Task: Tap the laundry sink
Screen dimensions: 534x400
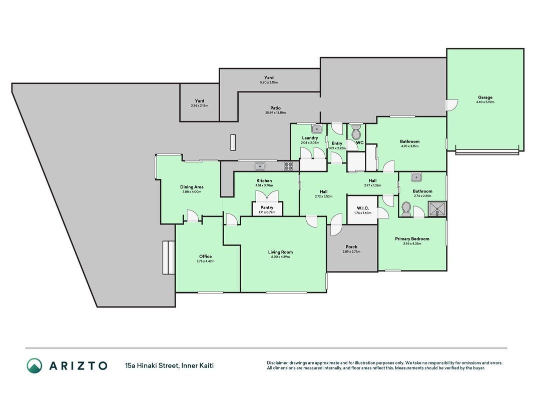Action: (x=317, y=129)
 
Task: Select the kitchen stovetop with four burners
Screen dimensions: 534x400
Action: (x=288, y=166)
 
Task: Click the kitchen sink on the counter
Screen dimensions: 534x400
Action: (x=260, y=166)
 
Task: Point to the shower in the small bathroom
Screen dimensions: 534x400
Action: (x=437, y=208)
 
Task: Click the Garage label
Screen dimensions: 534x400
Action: (x=485, y=97)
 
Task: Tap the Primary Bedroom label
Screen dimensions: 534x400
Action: (x=412, y=239)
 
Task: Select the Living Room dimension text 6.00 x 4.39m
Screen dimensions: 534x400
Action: (x=280, y=257)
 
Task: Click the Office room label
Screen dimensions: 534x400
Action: (x=205, y=256)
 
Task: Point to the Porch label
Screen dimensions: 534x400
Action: (x=351, y=247)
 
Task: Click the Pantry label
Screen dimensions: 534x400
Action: (x=267, y=207)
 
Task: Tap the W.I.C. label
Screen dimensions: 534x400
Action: (x=363, y=208)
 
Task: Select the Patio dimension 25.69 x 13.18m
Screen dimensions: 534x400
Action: (x=276, y=113)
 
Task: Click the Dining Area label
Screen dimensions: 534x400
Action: (x=192, y=186)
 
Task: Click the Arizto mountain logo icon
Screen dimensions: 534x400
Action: (x=35, y=365)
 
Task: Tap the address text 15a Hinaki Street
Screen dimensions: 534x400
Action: (x=152, y=366)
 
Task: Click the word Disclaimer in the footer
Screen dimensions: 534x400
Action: (x=278, y=363)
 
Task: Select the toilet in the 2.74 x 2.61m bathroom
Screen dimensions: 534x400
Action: (x=406, y=209)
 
